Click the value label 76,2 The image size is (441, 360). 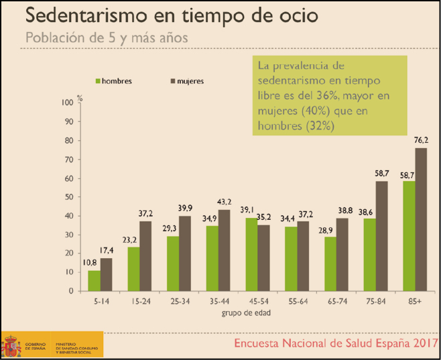click(x=422, y=141)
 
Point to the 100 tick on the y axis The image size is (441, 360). click(x=66, y=103)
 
